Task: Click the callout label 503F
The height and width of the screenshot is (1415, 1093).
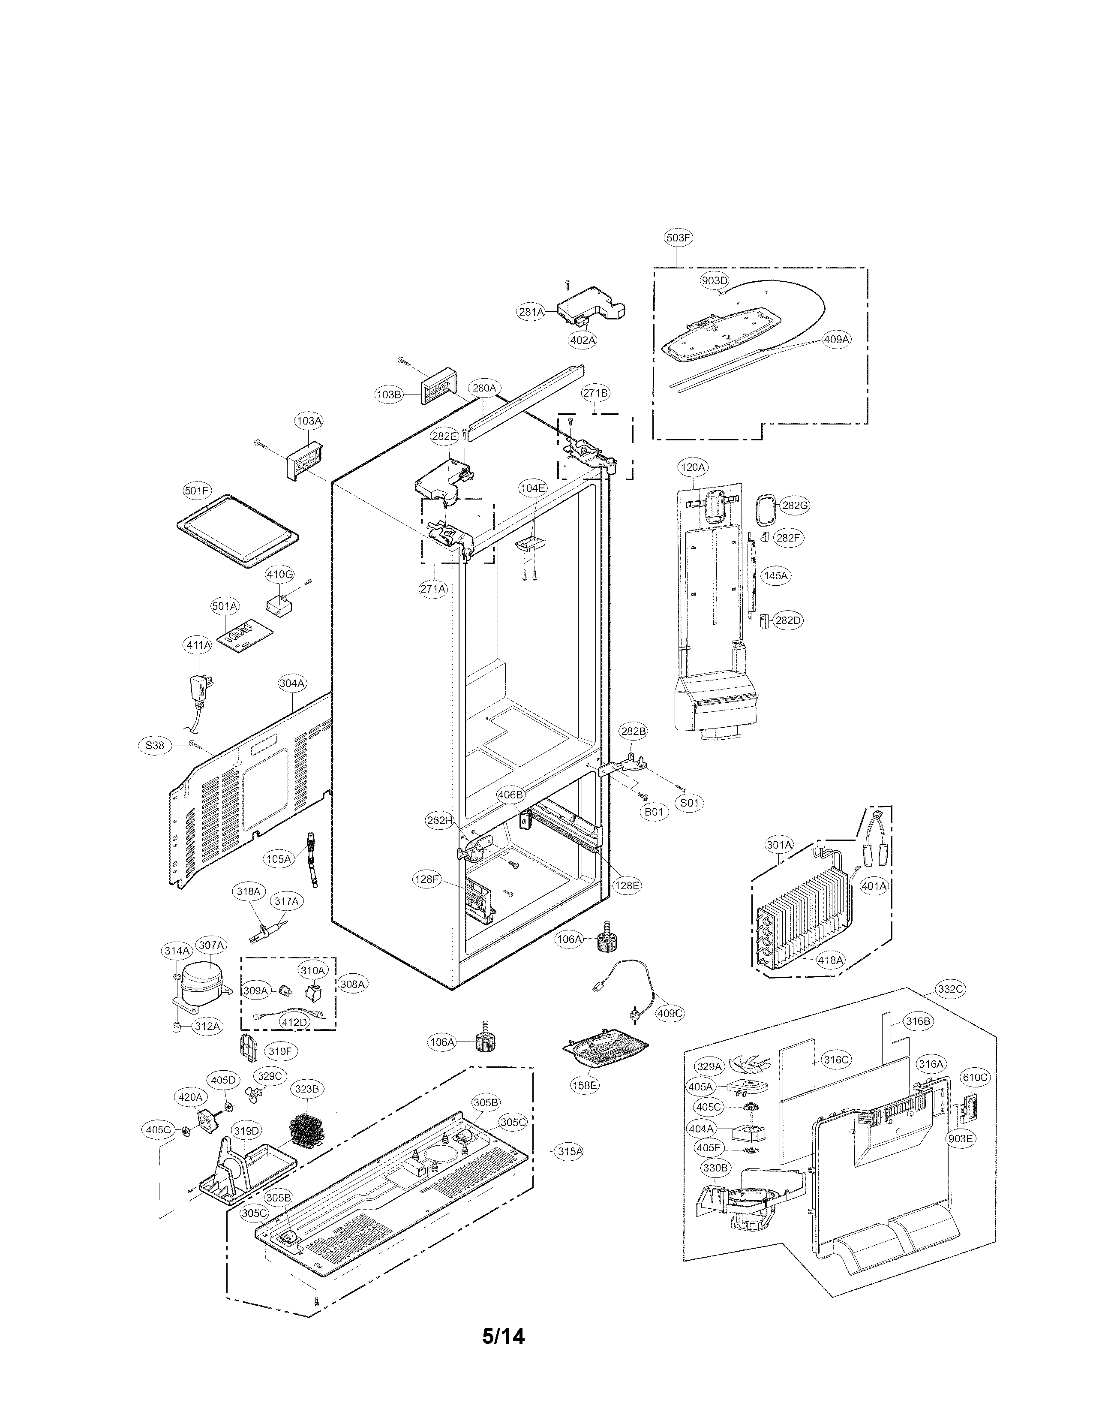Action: coord(678,238)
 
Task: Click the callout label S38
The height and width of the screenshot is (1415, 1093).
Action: coord(155,745)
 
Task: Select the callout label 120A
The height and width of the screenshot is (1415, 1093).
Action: coord(692,467)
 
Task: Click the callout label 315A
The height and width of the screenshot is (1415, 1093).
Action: coord(570,1151)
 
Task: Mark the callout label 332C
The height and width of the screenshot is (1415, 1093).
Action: coord(951,989)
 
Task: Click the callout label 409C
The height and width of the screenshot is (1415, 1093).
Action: coord(670,1013)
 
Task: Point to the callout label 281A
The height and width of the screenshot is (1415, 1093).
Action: coord(531,312)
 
